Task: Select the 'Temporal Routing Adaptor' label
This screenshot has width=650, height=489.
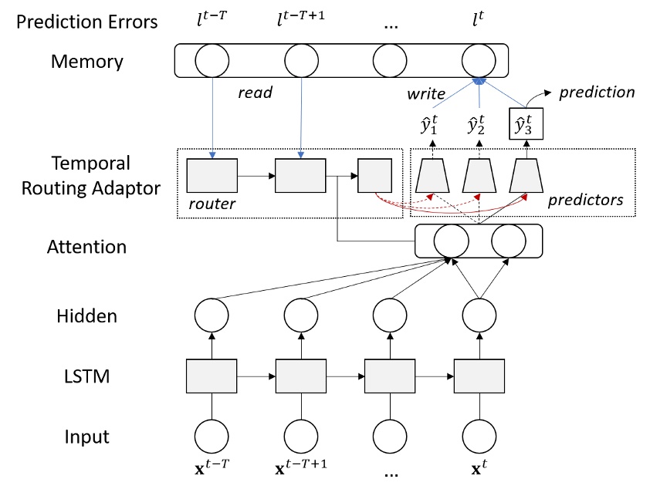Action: click(x=91, y=176)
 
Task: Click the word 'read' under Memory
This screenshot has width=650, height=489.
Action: click(x=255, y=92)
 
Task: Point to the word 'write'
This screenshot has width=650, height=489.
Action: click(x=426, y=93)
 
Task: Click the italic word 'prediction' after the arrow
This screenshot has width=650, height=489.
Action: click(x=597, y=92)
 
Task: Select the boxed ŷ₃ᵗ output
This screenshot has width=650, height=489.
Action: click(x=526, y=123)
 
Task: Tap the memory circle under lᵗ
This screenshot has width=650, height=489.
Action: click(x=479, y=59)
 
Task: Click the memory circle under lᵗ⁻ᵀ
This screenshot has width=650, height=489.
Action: click(x=211, y=59)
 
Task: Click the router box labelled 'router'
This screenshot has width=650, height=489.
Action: click(x=211, y=177)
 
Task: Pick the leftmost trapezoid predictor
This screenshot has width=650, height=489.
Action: click(x=432, y=177)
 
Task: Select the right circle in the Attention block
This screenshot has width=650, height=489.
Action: click(x=510, y=241)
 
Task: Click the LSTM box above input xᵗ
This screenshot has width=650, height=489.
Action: click(x=479, y=375)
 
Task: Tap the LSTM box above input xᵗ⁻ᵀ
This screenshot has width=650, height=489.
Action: click(x=211, y=375)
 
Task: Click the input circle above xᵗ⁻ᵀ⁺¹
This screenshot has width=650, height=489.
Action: click(x=300, y=436)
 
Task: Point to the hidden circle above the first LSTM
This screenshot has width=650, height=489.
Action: click(x=211, y=315)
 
